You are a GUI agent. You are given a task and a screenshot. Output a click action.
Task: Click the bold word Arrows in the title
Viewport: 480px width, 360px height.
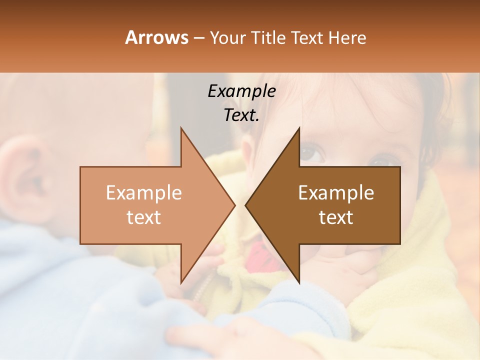click(x=156, y=37)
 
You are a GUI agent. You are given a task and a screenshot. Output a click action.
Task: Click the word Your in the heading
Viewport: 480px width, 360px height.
click(x=227, y=38)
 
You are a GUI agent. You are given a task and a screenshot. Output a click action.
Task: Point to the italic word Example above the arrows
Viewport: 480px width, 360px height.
click(x=241, y=91)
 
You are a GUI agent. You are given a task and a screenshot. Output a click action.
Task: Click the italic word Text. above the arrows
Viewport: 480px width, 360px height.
click(x=241, y=115)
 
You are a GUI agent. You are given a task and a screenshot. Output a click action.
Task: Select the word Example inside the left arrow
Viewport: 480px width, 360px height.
click(x=144, y=192)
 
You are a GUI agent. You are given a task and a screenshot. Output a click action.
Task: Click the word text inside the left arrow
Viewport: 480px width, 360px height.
click(x=144, y=217)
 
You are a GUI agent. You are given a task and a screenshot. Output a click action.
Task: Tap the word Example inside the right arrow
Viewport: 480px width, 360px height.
click(x=336, y=192)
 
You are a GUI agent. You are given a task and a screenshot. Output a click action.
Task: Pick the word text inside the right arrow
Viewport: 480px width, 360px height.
click(x=336, y=217)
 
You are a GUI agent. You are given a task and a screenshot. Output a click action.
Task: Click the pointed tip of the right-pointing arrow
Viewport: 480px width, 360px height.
click(x=234, y=205)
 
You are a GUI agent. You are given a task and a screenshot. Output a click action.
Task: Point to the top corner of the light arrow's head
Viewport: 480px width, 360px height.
click(x=181, y=128)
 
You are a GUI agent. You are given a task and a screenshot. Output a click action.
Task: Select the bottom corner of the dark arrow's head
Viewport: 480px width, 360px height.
click(x=299, y=282)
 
